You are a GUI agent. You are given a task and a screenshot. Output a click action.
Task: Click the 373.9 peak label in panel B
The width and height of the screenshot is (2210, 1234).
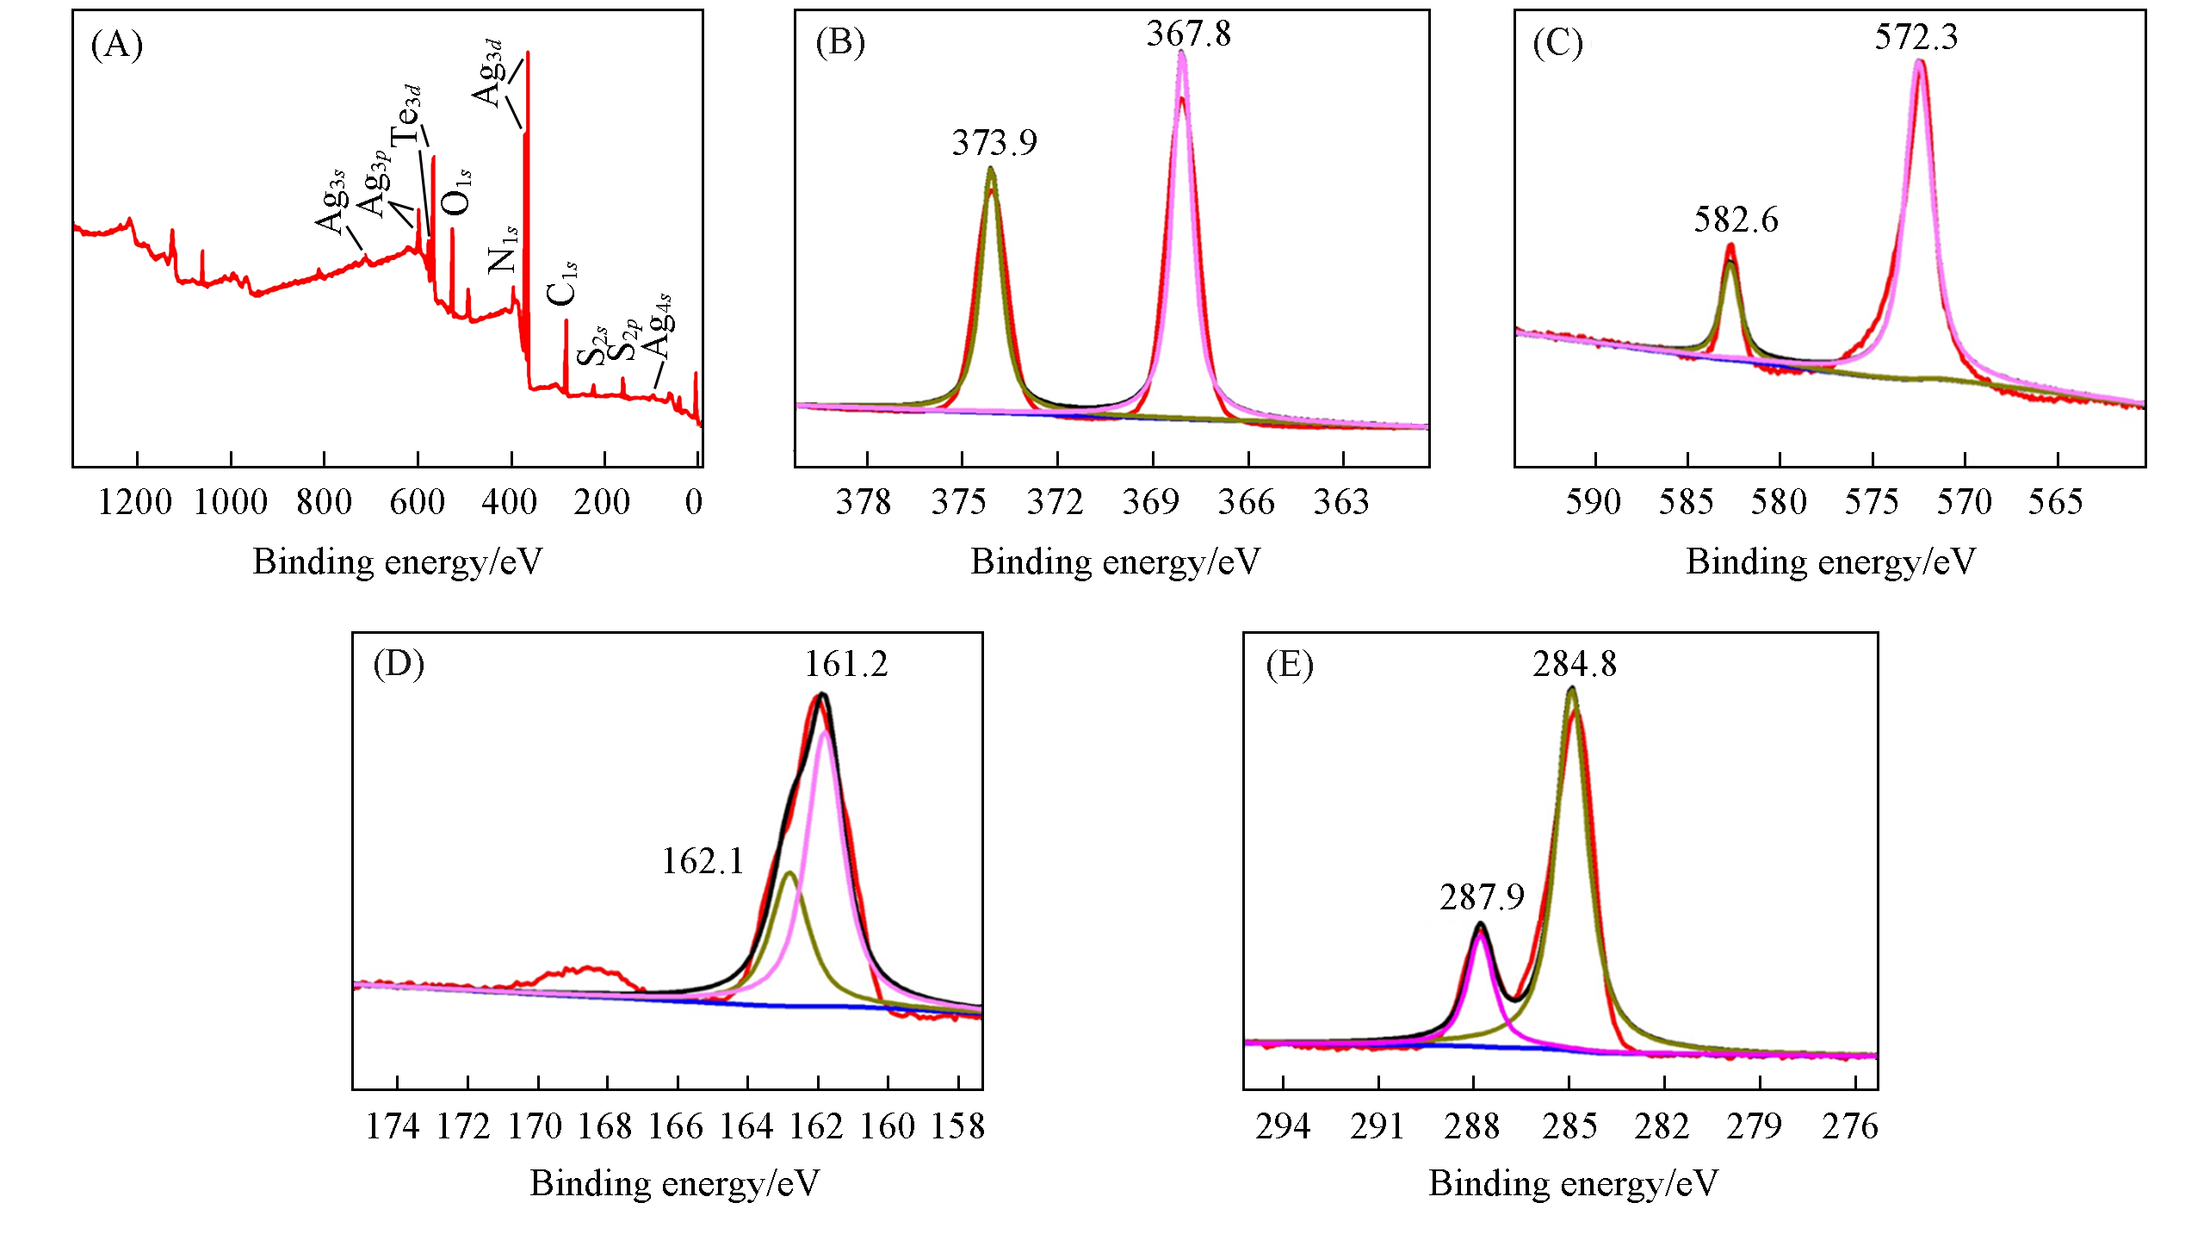click(x=994, y=142)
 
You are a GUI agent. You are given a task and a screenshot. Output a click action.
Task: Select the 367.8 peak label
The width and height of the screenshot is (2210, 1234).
click(x=1188, y=34)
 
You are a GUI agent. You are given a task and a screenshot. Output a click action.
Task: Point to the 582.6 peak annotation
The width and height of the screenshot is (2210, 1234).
click(x=1736, y=220)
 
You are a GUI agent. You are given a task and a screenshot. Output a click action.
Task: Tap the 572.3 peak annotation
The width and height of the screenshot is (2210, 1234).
click(x=1916, y=37)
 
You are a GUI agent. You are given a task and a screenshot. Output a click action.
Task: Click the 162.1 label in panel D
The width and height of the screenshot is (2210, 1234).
click(x=703, y=862)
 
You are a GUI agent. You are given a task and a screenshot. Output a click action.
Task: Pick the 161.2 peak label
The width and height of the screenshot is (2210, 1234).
click(x=846, y=665)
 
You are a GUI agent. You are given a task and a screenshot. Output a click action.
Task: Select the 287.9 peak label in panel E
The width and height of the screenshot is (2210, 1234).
click(x=1482, y=897)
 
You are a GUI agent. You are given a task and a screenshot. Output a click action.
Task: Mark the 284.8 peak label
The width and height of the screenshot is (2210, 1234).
click(x=1575, y=665)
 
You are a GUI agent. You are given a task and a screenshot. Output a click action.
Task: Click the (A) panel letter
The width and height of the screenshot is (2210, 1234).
click(x=117, y=45)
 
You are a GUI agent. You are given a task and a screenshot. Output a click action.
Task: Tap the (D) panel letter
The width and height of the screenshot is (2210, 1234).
click(x=399, y=665)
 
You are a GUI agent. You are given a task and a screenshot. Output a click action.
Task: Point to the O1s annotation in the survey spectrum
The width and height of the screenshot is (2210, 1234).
click(x=456, y=191)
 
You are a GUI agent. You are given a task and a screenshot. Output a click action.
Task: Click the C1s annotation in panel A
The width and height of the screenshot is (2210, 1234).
click(x=562, y=283)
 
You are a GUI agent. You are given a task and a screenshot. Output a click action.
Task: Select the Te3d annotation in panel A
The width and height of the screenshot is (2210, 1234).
click(x=406, y=115)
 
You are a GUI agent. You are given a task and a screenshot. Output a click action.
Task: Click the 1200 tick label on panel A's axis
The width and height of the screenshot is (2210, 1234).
click(x=135, y=502)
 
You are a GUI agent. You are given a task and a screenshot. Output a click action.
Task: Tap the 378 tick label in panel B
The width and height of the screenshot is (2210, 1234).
click(x=864, y=502)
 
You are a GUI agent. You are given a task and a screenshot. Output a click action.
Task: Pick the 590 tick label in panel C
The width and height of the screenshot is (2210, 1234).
click(x=1593, y=502)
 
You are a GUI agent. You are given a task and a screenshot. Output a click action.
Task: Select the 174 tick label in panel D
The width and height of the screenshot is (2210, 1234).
click(x=393, y=1126)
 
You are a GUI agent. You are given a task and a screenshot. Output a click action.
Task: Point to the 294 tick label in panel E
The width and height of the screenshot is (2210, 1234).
click(x=1283, y=1126)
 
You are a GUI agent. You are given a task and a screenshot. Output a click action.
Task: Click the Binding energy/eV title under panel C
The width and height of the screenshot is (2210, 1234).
click(x=1830, y=562)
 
